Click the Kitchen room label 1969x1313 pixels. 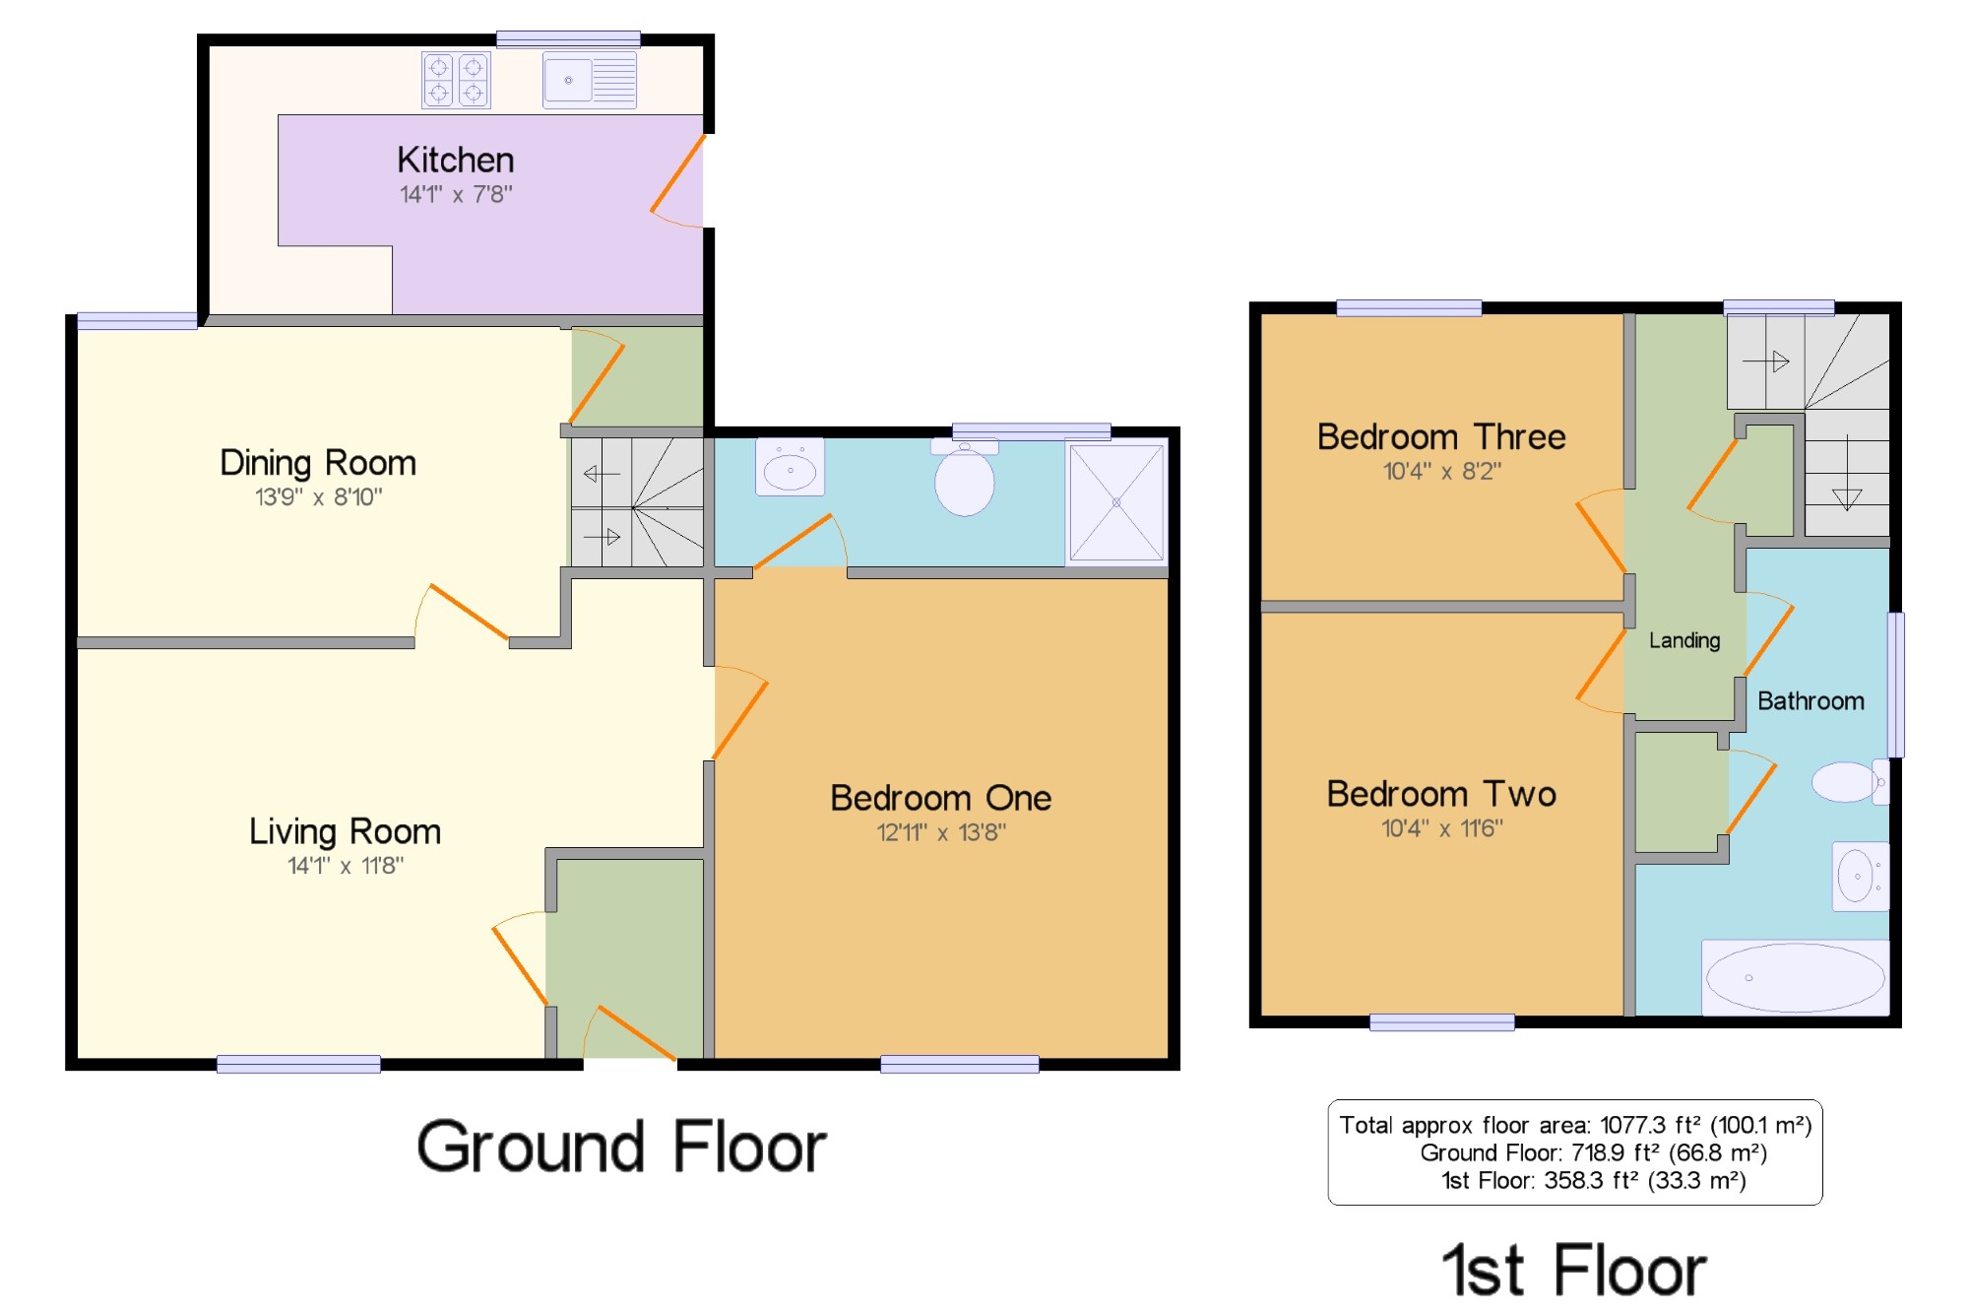coord(455,160)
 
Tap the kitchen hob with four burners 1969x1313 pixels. coord(456,80)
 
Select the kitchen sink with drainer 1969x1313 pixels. coord(590,80)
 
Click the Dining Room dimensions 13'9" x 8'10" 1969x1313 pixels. coord(318,496)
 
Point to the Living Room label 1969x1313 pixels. coord(345,831)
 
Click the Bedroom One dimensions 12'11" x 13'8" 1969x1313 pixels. coord(941,832)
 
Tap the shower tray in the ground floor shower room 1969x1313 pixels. coord(1116,502)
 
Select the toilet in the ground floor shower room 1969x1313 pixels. coord(965,478)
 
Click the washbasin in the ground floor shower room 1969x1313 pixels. coord(790,467)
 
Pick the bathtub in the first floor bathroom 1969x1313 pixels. coord(1796,977)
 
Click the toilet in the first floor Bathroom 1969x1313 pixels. coord(1851,782)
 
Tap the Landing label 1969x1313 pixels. coord(1684,640)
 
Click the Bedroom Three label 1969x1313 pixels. coord(1441,436)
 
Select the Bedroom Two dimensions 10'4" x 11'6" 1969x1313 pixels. coord(1441,828)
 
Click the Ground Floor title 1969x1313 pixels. coord(621,1148)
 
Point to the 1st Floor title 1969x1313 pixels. coord(1574,1270)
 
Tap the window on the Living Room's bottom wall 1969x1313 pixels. coord(298,1064)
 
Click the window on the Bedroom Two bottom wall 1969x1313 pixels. coord(1441,1022)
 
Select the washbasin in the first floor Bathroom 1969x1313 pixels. coord(1861,876)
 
